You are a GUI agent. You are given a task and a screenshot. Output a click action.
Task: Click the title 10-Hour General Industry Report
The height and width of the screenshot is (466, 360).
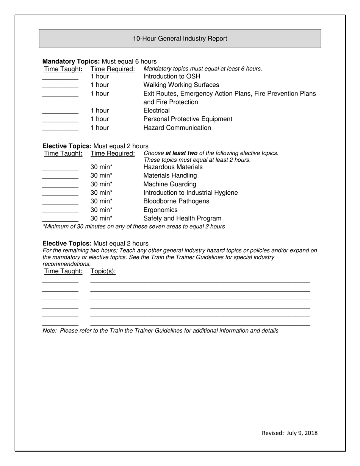pos(180,39)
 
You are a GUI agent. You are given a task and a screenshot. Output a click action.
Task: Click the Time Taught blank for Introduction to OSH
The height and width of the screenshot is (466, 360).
pos(60,77)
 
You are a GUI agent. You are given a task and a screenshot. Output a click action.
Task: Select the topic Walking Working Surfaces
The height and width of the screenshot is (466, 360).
pos(181,85)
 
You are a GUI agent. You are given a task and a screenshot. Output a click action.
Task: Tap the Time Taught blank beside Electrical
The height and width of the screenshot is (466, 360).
pos(60,111)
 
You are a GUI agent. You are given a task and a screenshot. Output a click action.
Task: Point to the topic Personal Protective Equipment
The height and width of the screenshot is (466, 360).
pos(188,119)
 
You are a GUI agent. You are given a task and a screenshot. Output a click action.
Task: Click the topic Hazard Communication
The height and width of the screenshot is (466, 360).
pos(177,128)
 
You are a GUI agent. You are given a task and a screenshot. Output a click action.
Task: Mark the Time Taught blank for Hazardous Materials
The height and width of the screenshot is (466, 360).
pos(60,167)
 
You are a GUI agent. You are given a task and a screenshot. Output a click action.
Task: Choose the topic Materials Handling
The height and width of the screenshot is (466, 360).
pos(170,175)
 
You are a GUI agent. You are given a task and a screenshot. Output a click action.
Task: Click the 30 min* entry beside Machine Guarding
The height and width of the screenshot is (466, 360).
pos(101,184)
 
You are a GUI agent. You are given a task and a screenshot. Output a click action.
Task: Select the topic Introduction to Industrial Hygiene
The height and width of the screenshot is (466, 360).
pos(191,192)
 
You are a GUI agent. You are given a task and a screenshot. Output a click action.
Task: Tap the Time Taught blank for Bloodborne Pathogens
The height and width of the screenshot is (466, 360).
pos(60,202)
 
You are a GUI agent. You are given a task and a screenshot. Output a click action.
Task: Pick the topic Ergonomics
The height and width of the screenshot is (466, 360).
pos(160,210)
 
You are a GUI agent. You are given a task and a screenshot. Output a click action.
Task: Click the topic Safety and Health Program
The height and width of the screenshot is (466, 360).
pos(182,218)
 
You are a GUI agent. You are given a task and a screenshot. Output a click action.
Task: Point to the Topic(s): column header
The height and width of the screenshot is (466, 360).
pos(103,271)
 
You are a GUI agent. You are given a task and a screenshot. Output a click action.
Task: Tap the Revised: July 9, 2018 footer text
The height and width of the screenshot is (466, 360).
pos(290,433)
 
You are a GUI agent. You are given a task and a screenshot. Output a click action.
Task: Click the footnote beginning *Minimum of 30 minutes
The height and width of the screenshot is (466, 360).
pos(134,227)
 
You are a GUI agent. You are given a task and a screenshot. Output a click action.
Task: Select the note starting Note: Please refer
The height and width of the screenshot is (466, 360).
pos(160,331)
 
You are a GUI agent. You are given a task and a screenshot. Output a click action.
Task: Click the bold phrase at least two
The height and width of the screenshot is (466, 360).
pos(181,153)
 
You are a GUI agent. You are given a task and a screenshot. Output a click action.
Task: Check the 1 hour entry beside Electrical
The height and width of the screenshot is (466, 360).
pos(99,111)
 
